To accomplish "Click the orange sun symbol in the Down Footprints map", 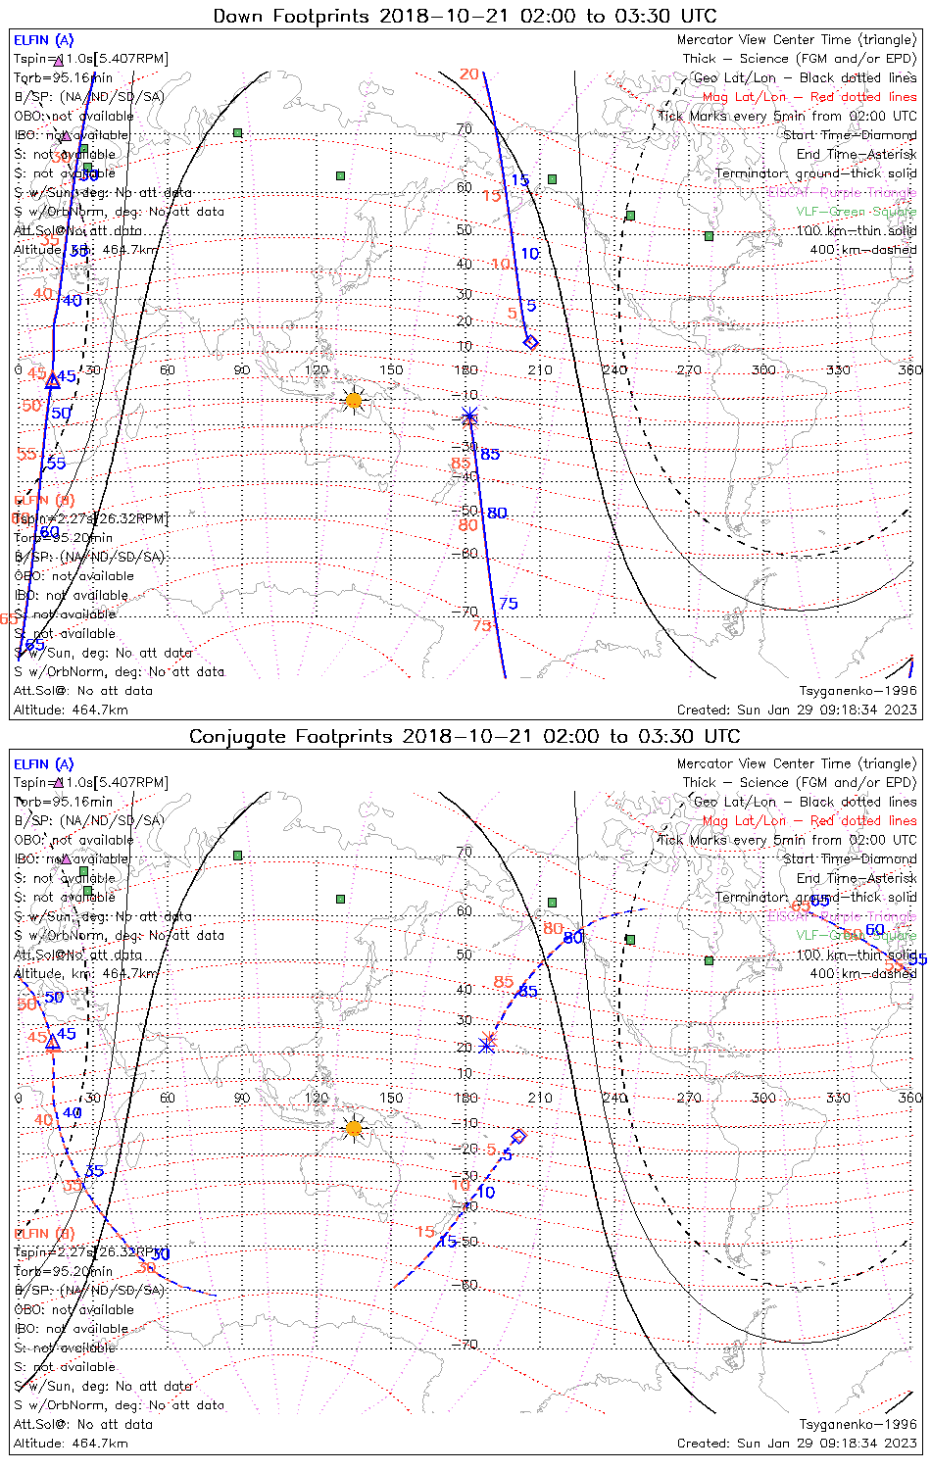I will click(x=354, y=400).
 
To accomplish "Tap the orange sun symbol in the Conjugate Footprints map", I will click(x=354, y=1129).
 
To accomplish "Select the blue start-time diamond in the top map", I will click(x=531, y=342).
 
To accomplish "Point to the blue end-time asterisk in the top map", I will click(x=469, y=417).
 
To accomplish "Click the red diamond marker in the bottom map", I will click(x=519, y=1136).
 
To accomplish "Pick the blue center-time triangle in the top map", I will click(x=53, y=380).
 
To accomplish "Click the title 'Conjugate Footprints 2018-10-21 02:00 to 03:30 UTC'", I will click(x=465, y=736).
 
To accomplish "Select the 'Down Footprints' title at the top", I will click(x=465, y=16).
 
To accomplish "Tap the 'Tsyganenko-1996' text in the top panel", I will click(x=857, y=691).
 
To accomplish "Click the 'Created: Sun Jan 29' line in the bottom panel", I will click(x=797, y=1443).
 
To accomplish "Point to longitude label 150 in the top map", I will click(x=391, y=369).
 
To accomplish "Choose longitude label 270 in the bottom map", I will click(x=689, y=1098).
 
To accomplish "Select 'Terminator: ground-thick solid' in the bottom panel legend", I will click(x=815, y=897).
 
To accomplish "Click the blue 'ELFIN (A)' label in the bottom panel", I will click(x=43, y=763).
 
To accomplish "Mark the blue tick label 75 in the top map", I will click(x=509, y=603).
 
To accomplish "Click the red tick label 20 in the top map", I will click(x=469, y=74).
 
